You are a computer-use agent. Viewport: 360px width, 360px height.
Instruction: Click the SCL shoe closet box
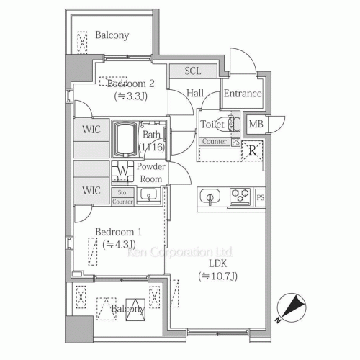tap(193, 71)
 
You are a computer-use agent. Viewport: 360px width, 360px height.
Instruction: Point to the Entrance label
tap(242, 94)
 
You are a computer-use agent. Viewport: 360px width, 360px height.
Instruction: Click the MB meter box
tap(256, 125)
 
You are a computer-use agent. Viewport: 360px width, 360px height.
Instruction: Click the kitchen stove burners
tap(240, 196)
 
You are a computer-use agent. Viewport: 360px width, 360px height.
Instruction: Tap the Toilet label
tap(212, 124)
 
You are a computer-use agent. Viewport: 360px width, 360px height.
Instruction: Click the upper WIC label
tap(91, 130)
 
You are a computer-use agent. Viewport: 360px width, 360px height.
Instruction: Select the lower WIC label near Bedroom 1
tap(91, 190)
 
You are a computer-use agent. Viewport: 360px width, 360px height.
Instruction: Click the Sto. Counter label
tap(123, 197)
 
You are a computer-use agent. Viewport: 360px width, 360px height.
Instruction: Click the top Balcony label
tap(112, 35)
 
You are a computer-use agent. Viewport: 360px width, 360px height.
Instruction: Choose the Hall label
tap(195, 93)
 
